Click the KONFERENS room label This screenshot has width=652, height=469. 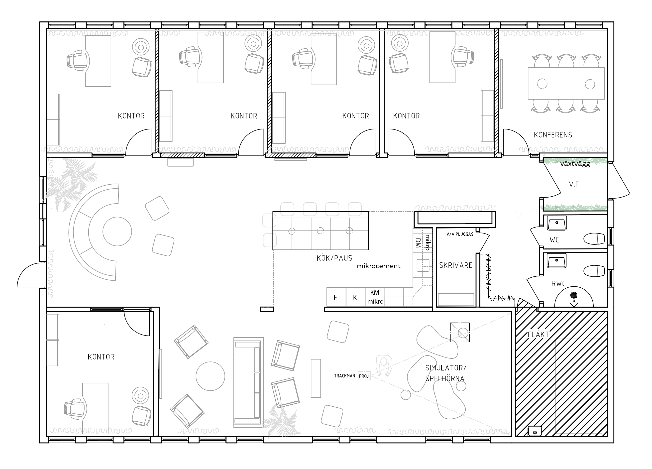coord(553,135)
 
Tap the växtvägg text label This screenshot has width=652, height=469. coord(575,164)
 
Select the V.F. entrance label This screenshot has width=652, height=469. coord(575,185)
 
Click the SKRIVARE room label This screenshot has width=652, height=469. coord(456,265)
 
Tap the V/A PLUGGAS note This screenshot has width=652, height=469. coord(460,234)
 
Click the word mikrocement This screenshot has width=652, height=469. coord(379,266)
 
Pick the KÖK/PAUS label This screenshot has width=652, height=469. coord(334,258)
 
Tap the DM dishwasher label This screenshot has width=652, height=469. coord(418,243)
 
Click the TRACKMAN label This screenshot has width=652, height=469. coord(344,376)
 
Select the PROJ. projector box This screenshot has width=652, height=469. coord(364,376)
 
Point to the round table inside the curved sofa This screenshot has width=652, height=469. coord(117,232)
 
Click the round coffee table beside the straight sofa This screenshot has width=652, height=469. coord(211,376)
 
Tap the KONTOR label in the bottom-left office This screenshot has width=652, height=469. coord(101,357)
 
